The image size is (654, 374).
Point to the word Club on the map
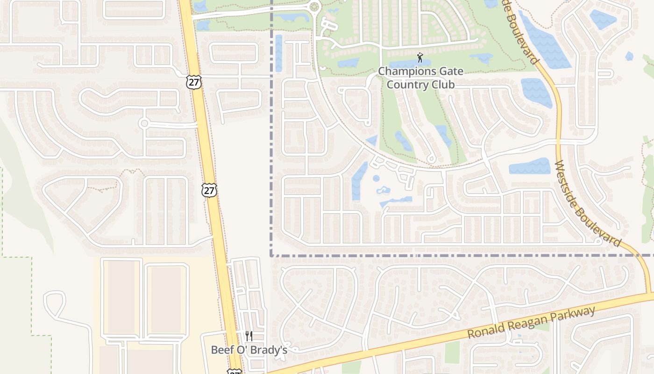[x=443, y=85]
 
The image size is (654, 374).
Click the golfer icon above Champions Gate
[x=419, y=58]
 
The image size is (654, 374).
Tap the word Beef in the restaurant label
[x=221, y=350]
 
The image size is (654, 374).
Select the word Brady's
[x=270, y=350]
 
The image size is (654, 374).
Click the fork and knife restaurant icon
[x=249, y=336]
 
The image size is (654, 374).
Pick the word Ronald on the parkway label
[x=485, y=331]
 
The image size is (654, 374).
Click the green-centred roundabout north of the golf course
[x=314, y=7]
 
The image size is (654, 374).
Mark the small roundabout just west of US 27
[x=144, y=123]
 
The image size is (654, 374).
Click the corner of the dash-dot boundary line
[x=271, y=255]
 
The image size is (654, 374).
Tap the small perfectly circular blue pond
[x=376, y=178]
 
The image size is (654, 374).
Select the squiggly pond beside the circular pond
[x=384, y=190]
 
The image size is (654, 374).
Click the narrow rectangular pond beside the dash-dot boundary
[x=279, y=53]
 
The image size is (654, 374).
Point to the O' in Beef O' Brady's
[x=243, y=350]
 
